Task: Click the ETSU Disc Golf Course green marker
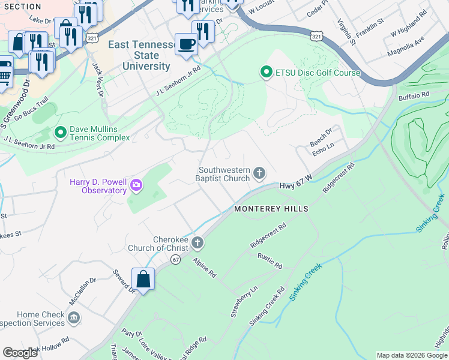pos(266,73)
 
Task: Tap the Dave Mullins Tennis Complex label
pos(100,133)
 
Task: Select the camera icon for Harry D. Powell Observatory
pos(136,186)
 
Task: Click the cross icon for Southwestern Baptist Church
pos(259,174)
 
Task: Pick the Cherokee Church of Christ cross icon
pos(197,243)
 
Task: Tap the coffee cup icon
pos(186,44)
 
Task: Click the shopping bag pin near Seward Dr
pos(143,279)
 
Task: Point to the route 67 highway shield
pos(175,259)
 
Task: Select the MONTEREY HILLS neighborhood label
pos(271,209)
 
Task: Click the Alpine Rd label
pos(204,267)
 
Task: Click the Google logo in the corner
pos(20,352)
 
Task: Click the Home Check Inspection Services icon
pos(73,317)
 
